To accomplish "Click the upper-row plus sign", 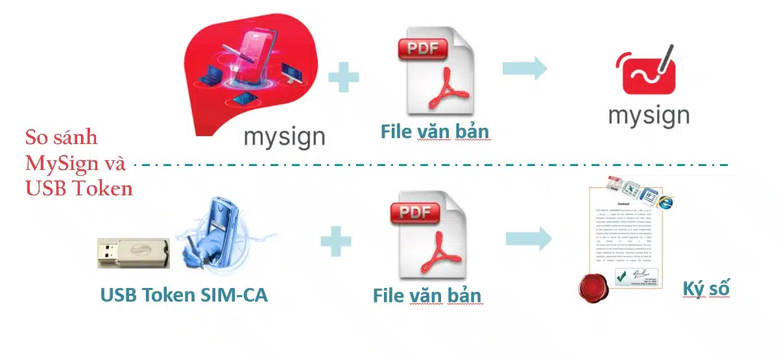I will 344,78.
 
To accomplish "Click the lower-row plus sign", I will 336,241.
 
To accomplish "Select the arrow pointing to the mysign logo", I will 525,68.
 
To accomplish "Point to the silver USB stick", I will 133,252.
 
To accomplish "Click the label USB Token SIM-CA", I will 184,294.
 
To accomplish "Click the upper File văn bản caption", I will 435,132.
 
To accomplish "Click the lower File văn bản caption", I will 427,296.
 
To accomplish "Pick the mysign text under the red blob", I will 285,138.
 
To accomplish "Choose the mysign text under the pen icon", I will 649,116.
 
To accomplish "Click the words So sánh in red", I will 62,138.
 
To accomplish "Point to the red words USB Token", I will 79,189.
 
